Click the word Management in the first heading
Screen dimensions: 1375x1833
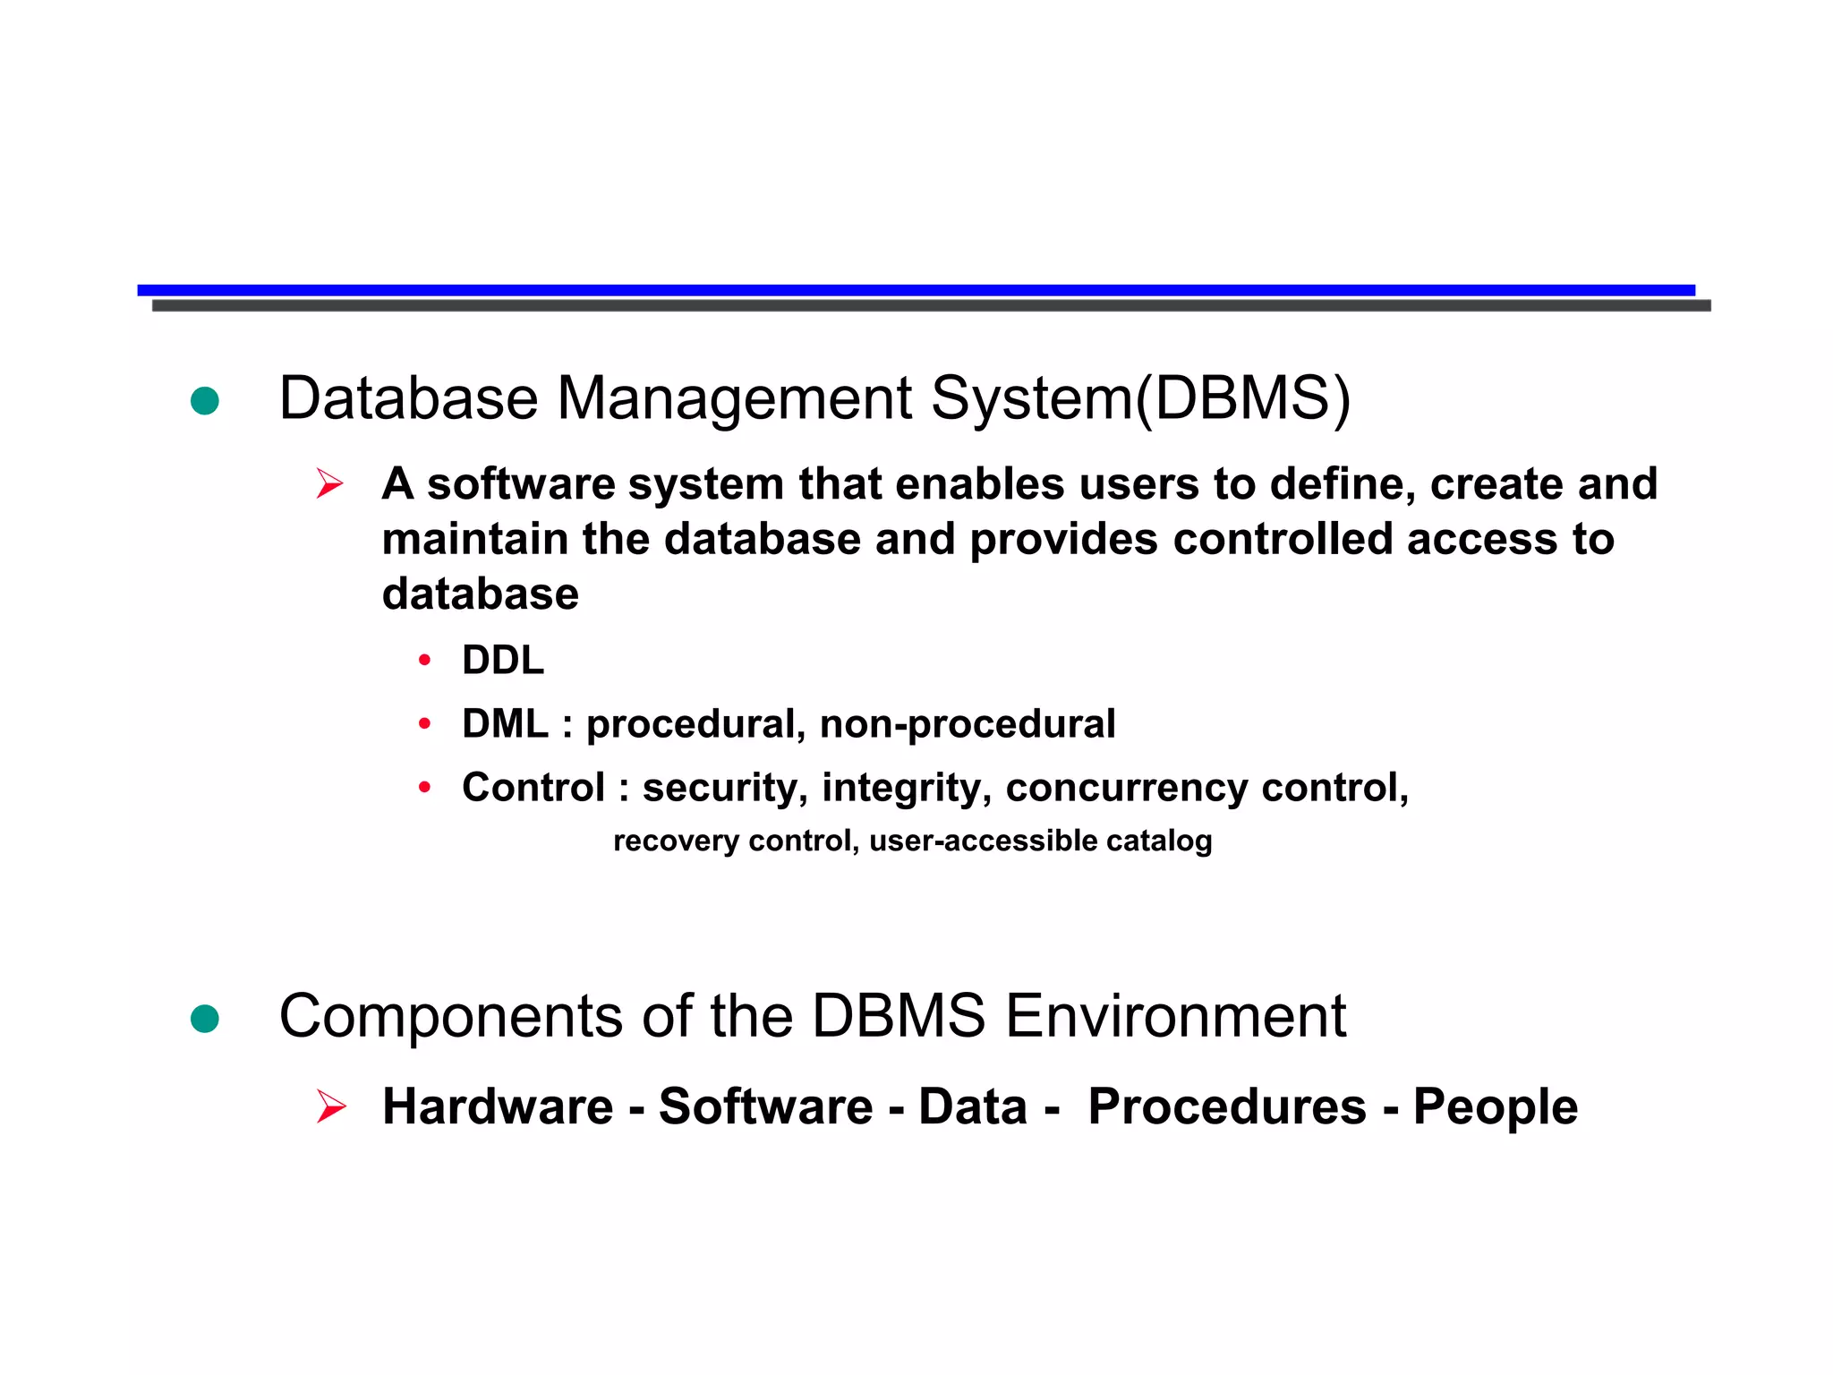(x=734, y=398)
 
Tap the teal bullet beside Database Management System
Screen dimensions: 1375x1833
(x=205, y=400)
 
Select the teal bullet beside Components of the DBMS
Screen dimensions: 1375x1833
(x=205, y=1019)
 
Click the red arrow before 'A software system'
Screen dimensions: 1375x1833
(x=330, y=484)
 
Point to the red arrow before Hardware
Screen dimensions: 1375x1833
(x=331, y=1107)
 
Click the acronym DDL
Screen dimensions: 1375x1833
(x=503, y=661)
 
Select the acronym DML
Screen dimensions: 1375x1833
(x=505, y=723)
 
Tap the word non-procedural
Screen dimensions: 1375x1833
(x=968, y=723)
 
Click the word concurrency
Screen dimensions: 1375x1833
(x=1126, y=788)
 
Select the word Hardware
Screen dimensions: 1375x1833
(x=498, y=1106)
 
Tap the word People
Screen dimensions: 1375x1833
(x=1495, y=1106)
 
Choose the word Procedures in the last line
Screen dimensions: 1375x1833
(x=1227, y=1106)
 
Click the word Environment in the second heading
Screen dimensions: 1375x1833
(x=1175, y=1017)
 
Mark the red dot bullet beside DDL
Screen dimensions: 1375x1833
(x=425, y=662)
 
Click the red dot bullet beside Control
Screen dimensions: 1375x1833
(x=425, y=788)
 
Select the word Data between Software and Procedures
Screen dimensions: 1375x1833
(x=973, y=1106)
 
